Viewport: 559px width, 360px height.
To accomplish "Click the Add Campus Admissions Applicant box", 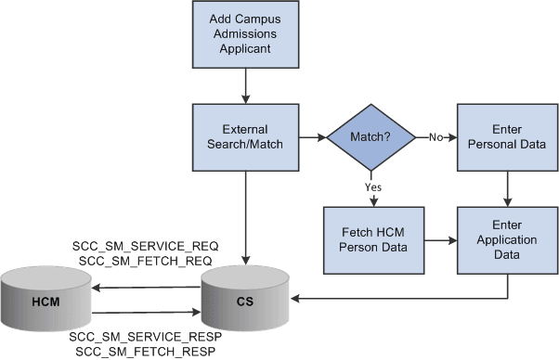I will point(245,34).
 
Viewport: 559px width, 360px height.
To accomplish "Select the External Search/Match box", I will point(245,137).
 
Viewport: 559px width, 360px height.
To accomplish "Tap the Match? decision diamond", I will point(370,137).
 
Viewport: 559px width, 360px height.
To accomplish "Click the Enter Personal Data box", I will point(505,137).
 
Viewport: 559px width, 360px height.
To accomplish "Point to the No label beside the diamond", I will point(435,137).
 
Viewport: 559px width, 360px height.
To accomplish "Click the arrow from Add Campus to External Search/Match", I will point(245,85).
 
